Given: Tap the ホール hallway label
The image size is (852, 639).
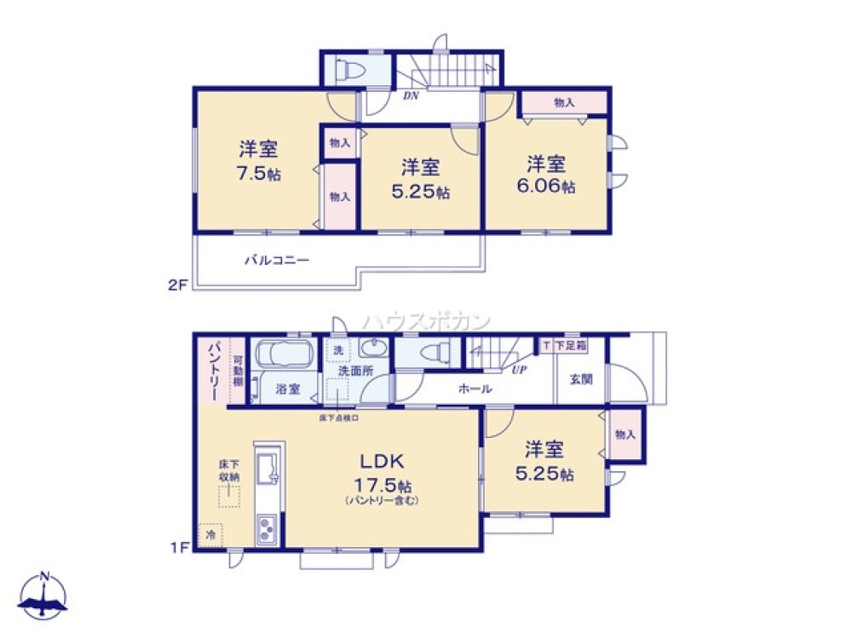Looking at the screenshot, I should tap(475, 389).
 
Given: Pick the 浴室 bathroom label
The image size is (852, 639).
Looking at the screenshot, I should tap(287, 389).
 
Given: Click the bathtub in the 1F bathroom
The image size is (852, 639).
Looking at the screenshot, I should tap(285, 354).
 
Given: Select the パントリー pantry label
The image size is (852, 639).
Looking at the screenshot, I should tap(212, 371).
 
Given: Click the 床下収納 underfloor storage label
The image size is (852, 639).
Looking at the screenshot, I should tap(228, 470).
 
